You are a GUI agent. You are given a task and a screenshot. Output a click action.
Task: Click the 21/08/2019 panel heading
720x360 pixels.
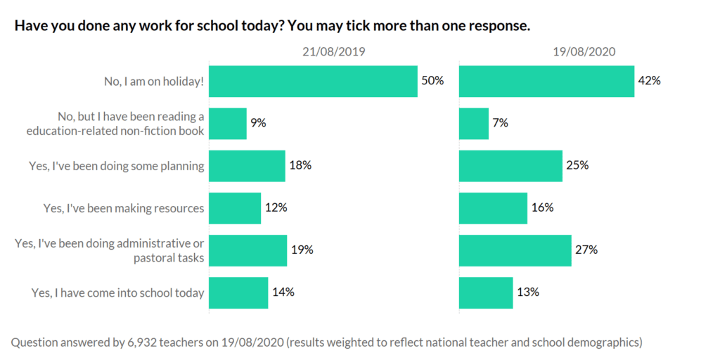[334, 51]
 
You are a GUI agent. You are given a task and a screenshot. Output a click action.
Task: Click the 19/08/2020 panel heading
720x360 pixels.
[584, 51]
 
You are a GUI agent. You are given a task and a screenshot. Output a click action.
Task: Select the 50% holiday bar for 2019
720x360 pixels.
[314, 81]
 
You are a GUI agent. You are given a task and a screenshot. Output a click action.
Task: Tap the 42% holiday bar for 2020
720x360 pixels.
[546, 81]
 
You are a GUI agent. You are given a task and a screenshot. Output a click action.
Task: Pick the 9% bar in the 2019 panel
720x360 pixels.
[229, 123]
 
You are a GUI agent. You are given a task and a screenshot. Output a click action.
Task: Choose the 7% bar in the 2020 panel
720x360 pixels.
[473, 123]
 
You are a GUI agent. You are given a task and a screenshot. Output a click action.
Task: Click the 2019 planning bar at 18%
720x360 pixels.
[247, 166]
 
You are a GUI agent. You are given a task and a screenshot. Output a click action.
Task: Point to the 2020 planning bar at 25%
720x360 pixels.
[510, 166]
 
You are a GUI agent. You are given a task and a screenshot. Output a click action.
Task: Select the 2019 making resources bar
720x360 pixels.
[236, 208]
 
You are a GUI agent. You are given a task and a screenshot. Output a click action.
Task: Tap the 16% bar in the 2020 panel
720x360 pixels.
[493, 208]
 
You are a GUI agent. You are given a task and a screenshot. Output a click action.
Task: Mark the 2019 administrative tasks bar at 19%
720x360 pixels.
[248, 250]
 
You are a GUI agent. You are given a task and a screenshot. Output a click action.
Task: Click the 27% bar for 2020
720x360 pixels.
[515, 250]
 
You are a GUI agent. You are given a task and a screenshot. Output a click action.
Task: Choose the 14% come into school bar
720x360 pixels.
[239, 292]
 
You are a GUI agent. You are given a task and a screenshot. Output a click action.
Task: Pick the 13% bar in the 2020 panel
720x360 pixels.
[486, 292]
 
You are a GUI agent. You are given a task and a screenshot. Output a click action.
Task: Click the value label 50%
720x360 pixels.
[432, 81]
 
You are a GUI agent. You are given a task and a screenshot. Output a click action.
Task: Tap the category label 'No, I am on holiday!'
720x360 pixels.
[154, 81]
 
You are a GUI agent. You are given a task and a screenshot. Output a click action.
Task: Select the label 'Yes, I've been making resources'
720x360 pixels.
[124, 208]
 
